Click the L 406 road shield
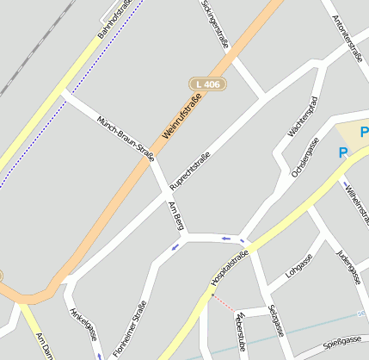206,84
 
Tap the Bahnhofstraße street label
114,19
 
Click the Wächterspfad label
304,116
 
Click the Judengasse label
347,264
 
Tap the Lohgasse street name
299,266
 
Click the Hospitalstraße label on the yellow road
229,268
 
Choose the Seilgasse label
274,321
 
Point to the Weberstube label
240,332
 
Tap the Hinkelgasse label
84,326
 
